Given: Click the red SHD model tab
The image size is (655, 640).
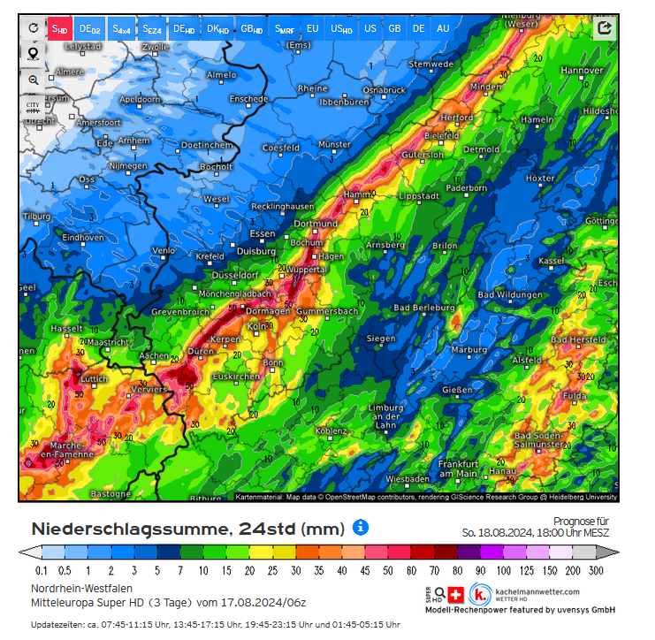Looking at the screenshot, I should click(58, 29).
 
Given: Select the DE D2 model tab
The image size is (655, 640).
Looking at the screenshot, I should click(89, 29).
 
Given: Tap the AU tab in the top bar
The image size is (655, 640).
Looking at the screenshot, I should click(443, 28).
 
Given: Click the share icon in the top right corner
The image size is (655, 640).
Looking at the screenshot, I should click(605, 28).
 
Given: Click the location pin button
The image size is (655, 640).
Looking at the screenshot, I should click(33, 54).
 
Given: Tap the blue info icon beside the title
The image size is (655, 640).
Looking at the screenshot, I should click(361, 528).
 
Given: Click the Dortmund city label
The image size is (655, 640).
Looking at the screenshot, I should click(316, 224).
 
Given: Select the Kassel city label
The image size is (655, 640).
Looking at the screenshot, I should click(576, 261).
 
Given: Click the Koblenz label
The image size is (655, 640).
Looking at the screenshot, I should click(331, 430).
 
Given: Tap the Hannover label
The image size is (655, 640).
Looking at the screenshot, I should click(582, 71).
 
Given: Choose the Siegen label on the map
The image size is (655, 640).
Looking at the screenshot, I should click(381, 339).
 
